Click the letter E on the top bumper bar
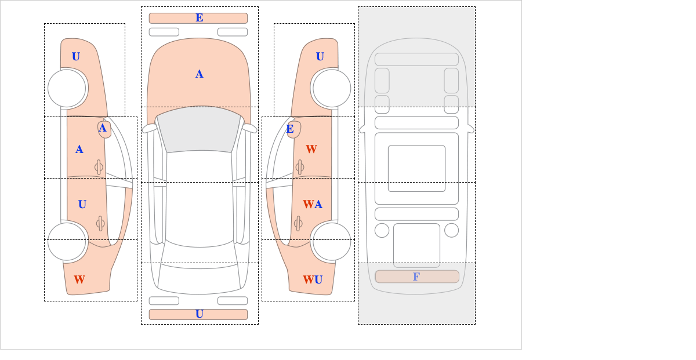click(200, 18)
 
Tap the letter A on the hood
click(200, 74)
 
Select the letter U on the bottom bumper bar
click(200, 314)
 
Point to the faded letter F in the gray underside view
click(416, 277)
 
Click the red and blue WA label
click(313, 205)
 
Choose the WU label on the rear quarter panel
click(313, 279)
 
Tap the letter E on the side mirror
click(290, 129)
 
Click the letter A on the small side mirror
click(103, 128)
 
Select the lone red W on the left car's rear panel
click(79, 279)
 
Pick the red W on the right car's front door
click(311, 149)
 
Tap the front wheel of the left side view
click(67, 88)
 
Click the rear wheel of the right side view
click(332, 241)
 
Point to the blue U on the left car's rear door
click(82, 205)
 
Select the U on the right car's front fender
click(320, 57)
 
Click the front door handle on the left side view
click(99, 168)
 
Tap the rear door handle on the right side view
click(298, 223)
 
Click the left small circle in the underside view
click(382, 231)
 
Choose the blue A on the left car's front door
click(79, 150)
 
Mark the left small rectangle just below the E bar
click(164, 32)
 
